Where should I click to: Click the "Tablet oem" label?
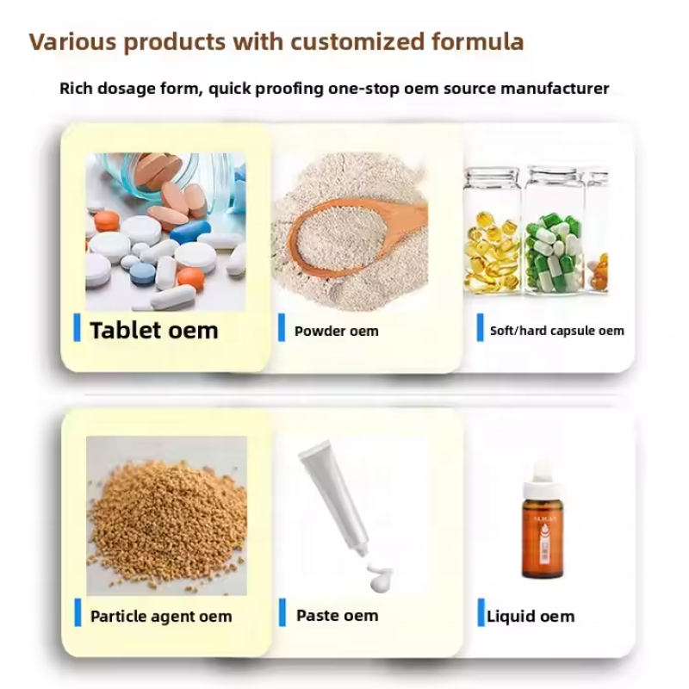point(153,331)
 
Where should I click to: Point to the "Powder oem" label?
point(336,332)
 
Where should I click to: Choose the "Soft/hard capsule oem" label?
point(556,331)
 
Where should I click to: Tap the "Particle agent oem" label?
point(161,617)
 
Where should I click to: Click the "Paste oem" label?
point(337,616)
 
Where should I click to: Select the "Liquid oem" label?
point(530,617)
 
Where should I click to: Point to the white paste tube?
point(335,500)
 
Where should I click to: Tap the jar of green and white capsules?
point(554,237)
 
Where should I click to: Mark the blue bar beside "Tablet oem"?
point(77,328)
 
